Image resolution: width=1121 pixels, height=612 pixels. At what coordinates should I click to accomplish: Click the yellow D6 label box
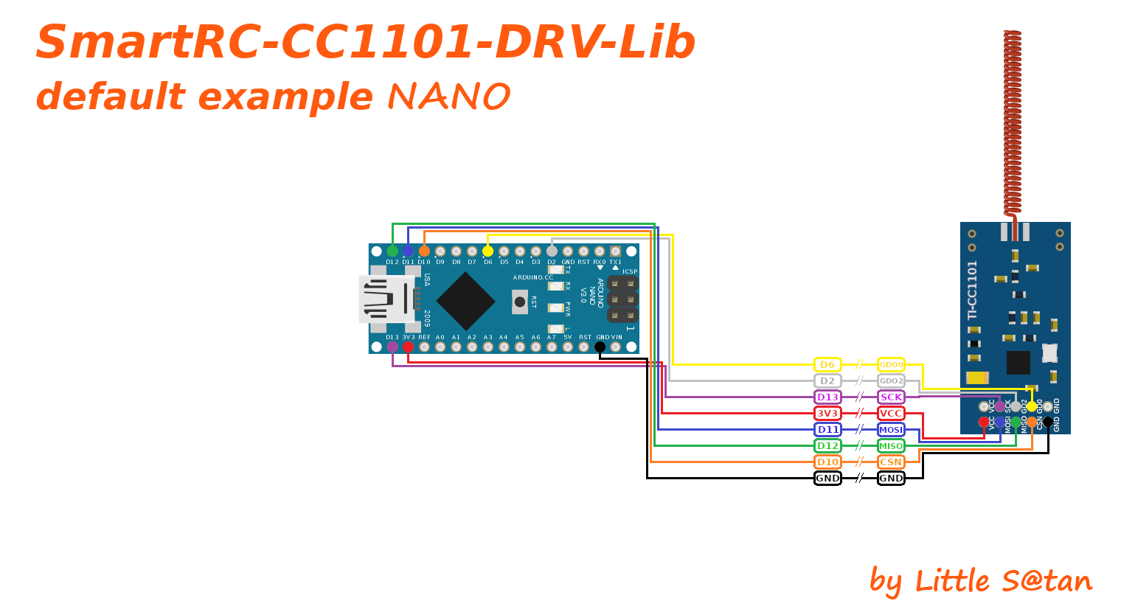(827, 365)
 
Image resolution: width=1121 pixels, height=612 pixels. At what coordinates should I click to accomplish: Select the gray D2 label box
(827, 381)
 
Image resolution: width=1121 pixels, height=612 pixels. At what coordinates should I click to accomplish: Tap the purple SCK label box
(891, 397)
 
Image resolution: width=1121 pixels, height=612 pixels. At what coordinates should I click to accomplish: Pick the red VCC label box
(891, 414)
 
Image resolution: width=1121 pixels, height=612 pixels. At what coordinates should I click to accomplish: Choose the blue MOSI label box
(891, 430)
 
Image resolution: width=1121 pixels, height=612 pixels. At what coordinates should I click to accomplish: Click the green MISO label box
(891, 446)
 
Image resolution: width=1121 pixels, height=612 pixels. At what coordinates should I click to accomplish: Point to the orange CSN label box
(891, 462)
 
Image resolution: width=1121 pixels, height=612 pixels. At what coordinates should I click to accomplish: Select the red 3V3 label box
(827, 414)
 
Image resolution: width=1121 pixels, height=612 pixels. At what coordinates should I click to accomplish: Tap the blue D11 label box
(827, 430)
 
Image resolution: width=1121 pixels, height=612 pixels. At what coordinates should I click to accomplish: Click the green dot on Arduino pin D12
(392, 251)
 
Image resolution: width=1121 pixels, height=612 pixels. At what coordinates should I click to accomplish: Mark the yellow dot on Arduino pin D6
(487, 251)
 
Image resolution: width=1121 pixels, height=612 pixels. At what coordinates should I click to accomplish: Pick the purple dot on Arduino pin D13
(392, 347)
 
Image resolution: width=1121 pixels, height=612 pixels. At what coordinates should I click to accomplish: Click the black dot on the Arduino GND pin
(600, 347)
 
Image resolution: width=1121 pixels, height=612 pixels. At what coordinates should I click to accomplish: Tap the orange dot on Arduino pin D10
(424, 251)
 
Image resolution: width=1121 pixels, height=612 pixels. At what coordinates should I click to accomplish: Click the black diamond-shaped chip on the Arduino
(465, 301)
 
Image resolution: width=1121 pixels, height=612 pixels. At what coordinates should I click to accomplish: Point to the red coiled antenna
(1013, 122)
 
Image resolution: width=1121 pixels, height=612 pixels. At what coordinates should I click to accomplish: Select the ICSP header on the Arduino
(622, 299)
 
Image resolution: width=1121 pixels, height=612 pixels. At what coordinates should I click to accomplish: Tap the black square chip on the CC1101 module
(1018, 362)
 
